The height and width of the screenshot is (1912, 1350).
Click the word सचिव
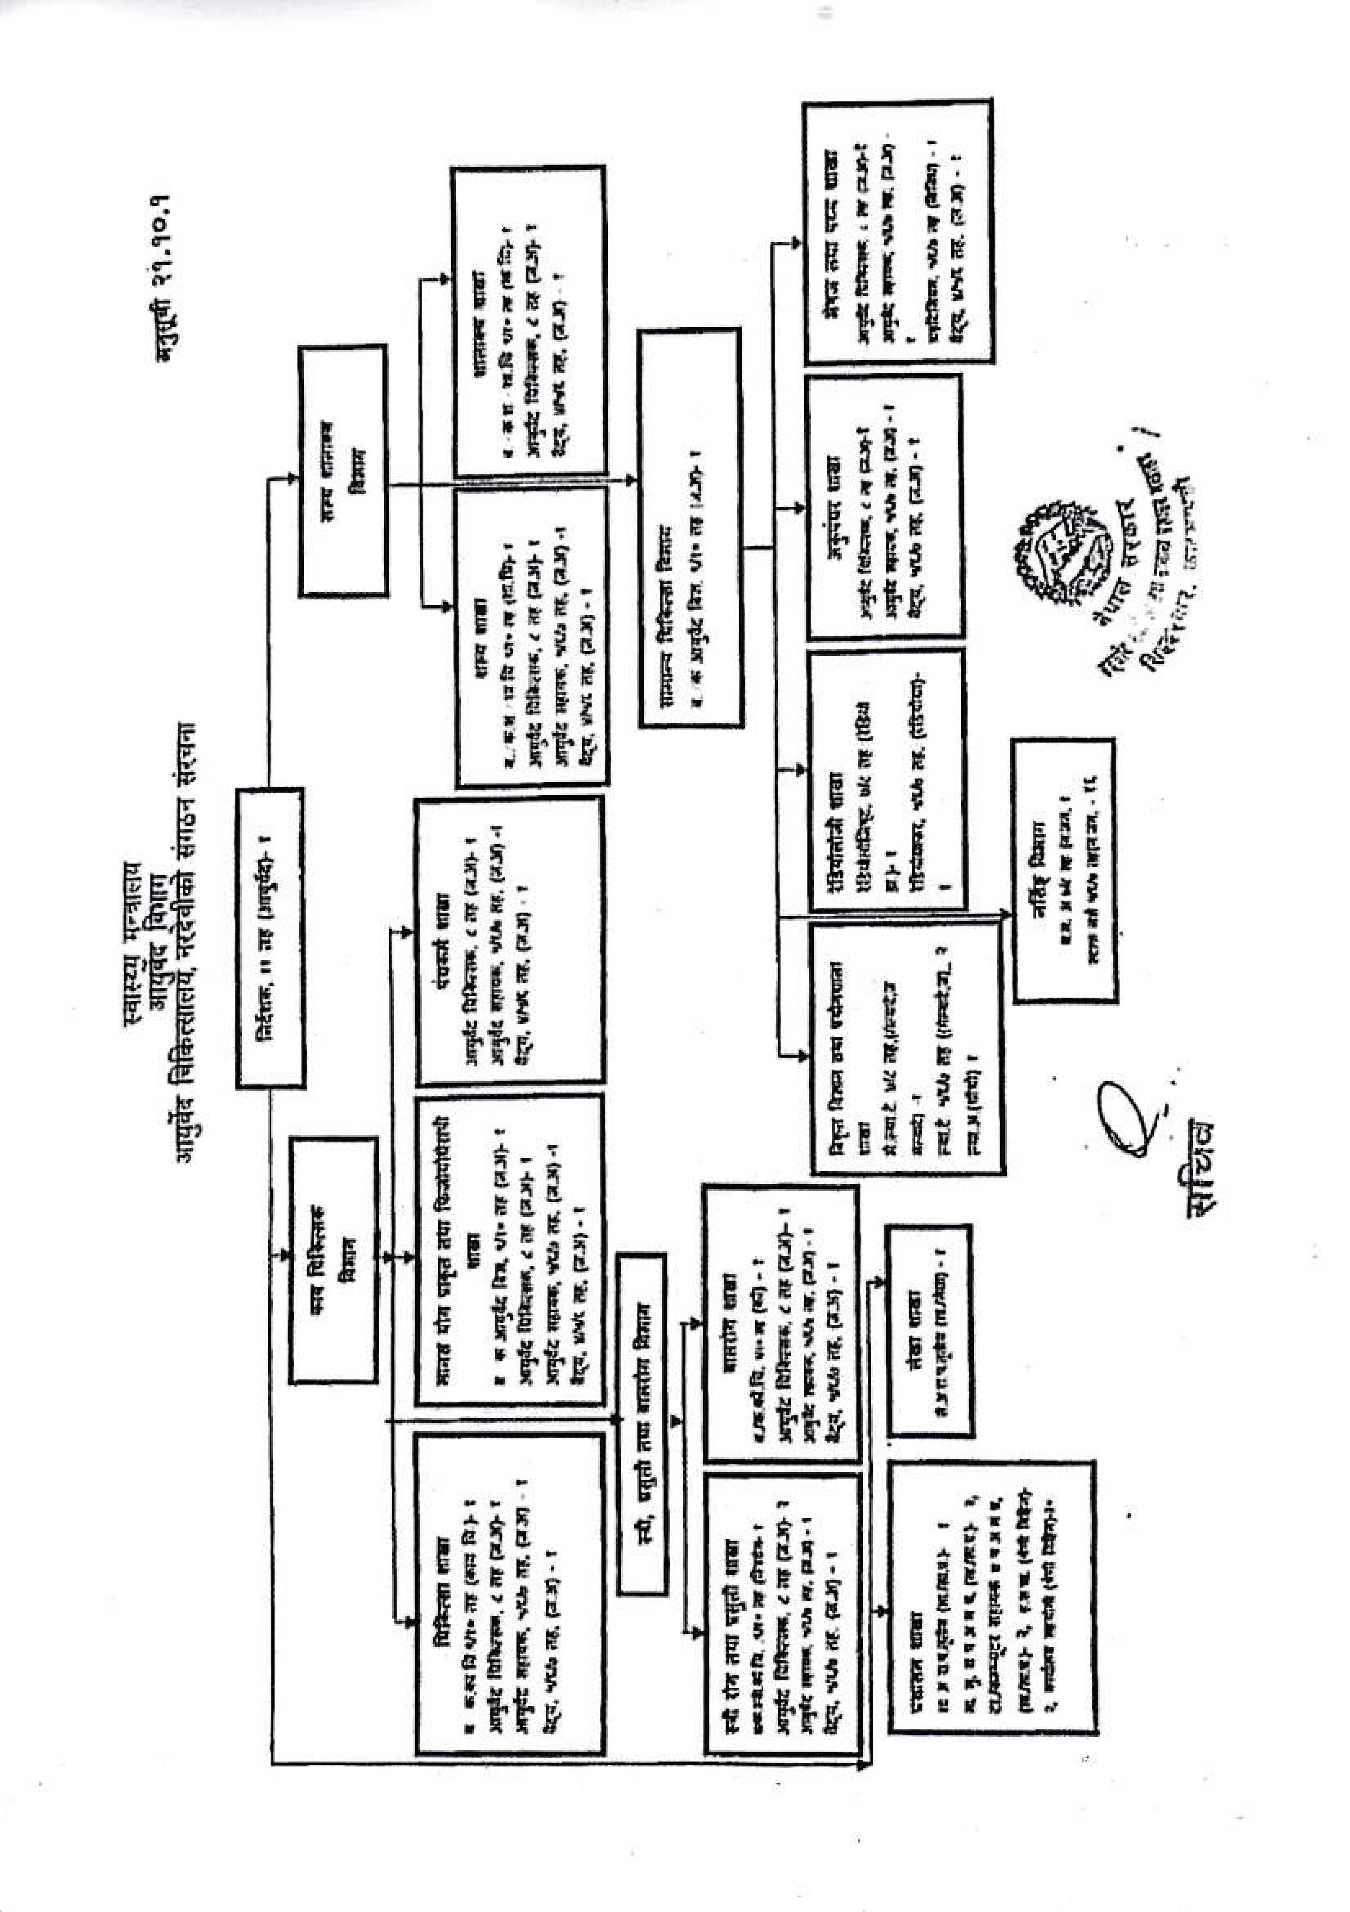[1199, 1166]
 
